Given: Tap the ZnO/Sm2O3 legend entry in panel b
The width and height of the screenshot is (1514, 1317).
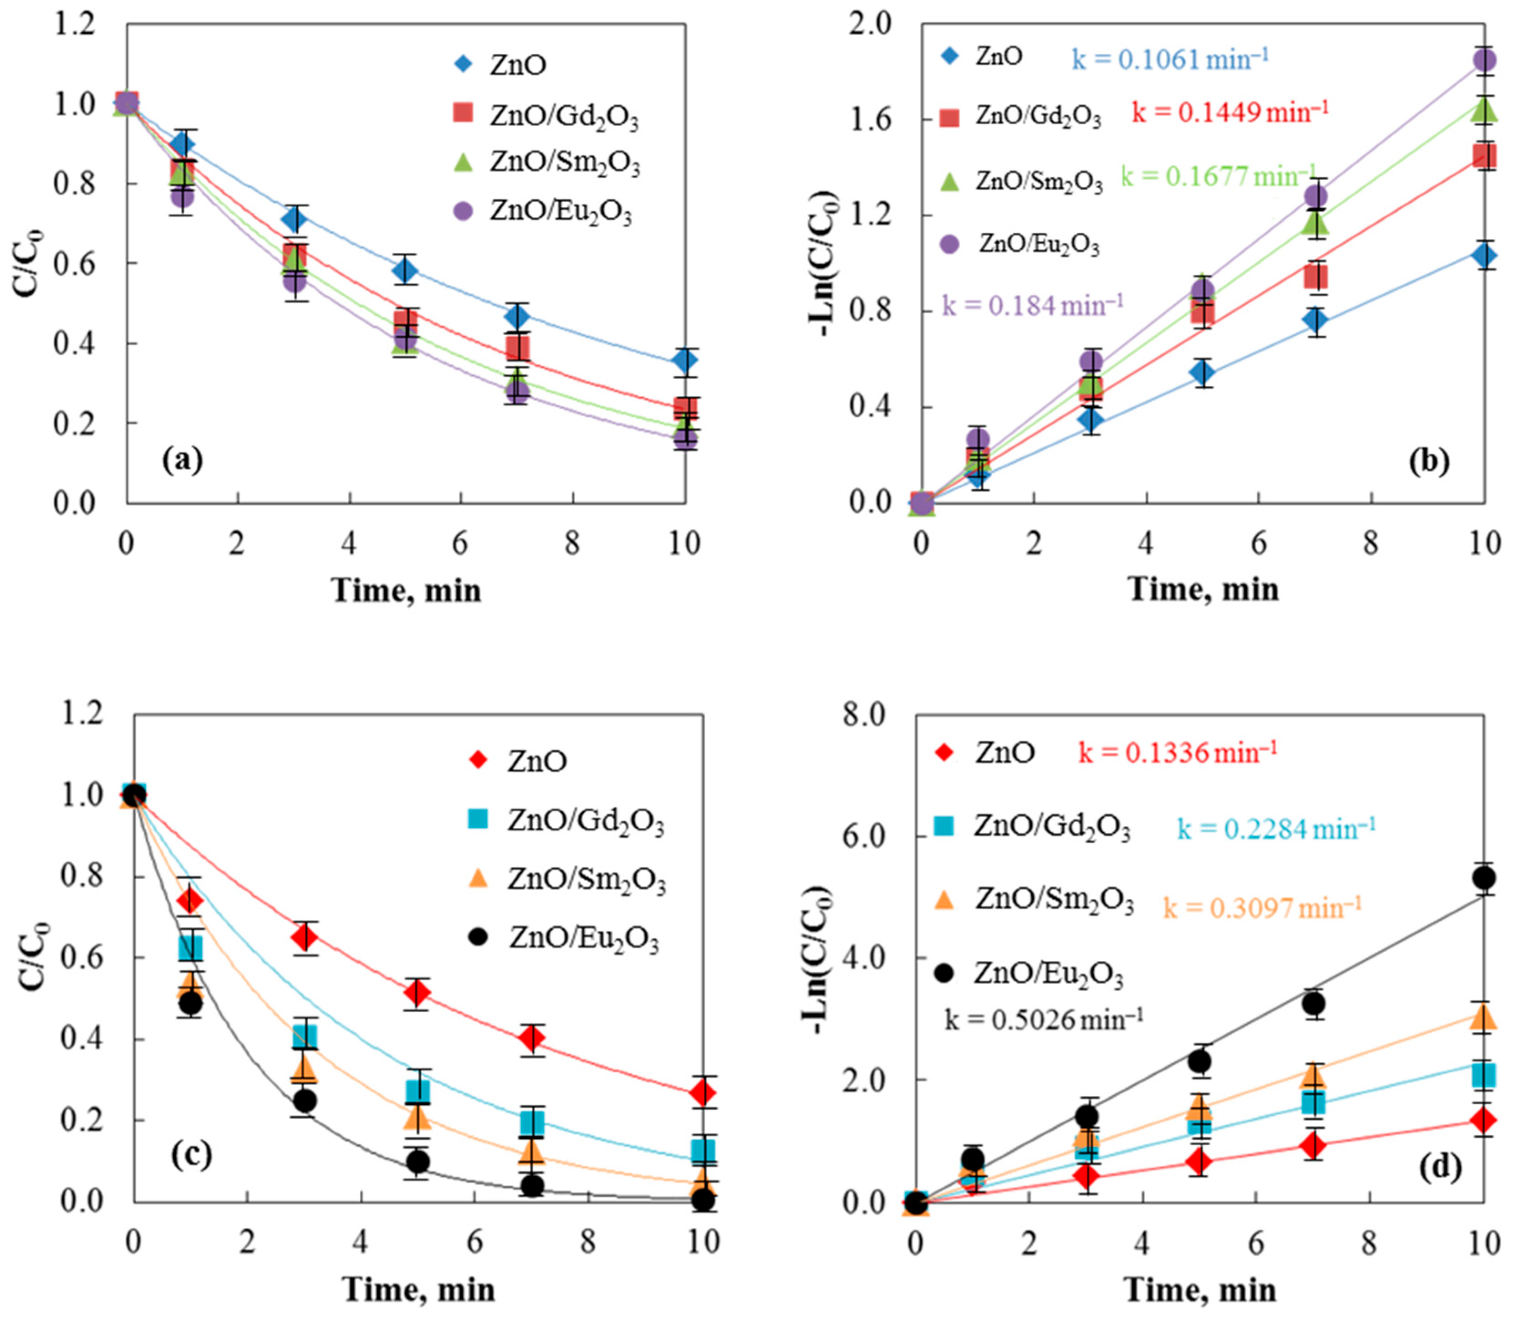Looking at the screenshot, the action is [x=1020, y=181].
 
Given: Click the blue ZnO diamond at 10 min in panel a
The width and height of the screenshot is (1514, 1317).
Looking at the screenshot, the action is [x=685, y=360].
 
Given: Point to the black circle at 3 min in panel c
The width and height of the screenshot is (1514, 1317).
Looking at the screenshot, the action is [x=303, y=1100].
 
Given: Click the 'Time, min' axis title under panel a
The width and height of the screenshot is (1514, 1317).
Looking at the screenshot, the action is [x=406, y=589].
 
